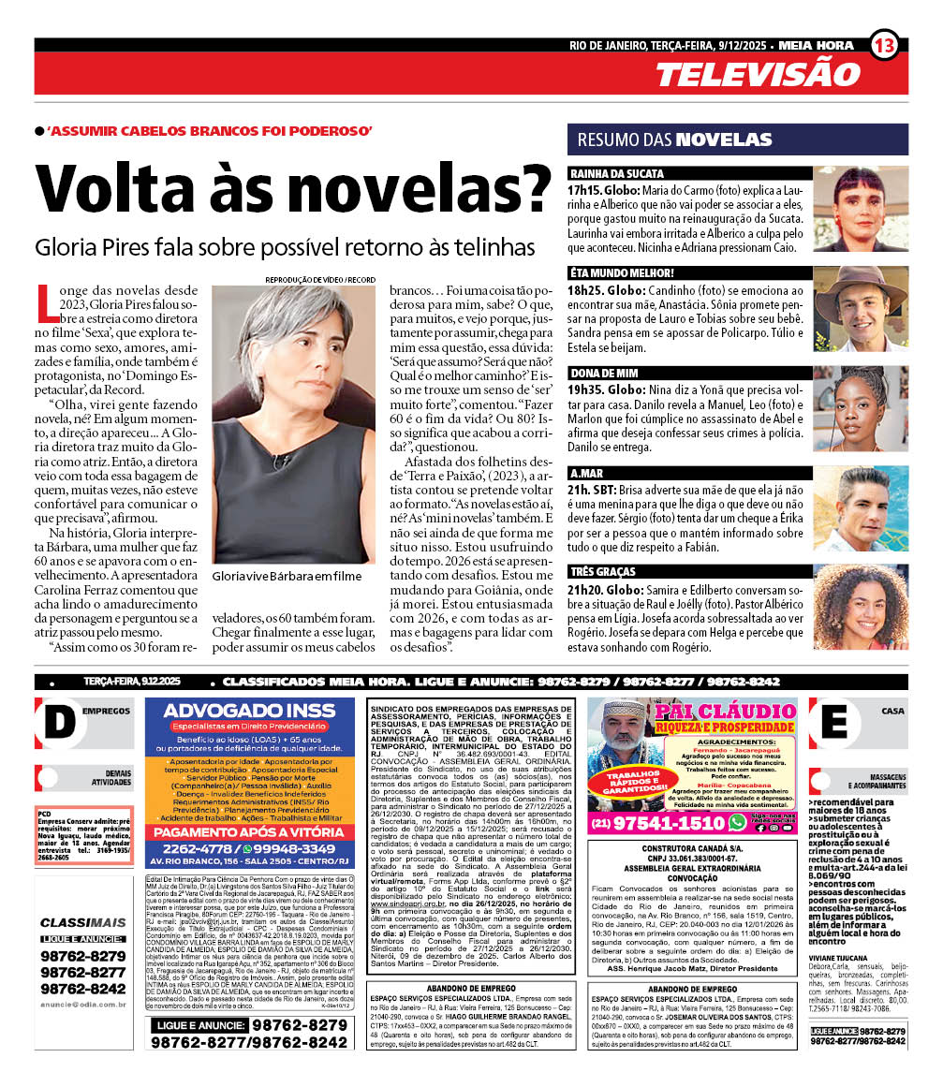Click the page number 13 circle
[884, 44]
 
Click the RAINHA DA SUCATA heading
[617, 173]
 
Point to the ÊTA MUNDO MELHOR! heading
[622, 272]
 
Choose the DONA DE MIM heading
[604, 372]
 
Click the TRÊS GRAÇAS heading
[602, 571]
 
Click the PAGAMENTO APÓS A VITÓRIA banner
[249, 832]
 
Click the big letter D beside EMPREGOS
[58, 722]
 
